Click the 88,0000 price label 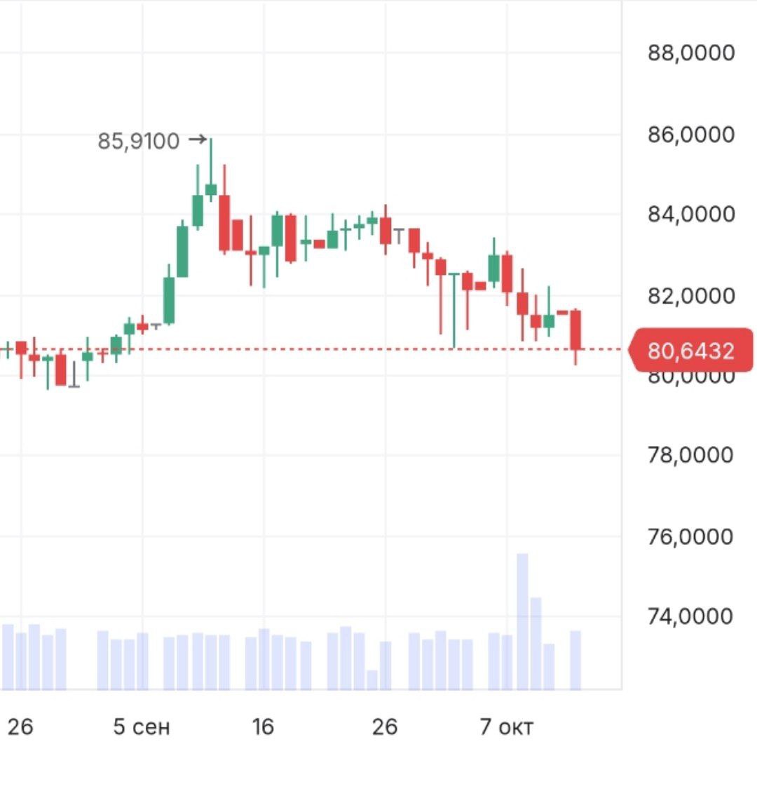pyautogui.click(x=691, y=53)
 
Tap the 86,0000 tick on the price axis pyautogui.click(x=691, y=134)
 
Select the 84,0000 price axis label pyautogui.click(x=691, y=214)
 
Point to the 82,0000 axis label pyautogui.click(x=691, y=295)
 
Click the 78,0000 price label pyautogui.click(x=691, y=455)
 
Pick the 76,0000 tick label pyautogui.click(x=691, y=536)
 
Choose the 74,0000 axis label pyautogui.click(x=691, y=616)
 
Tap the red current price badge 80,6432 pyautogui.click(x=691, y=351)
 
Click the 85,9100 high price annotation pyautogui.click(x=139, y=142)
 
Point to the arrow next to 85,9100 pyautogui.click(x=198, y=140)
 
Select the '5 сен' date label pyautogui.click(x=142, y=727)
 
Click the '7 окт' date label pyautogui.click(x=506, y=727)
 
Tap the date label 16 pyautogui.click(x=263, y=727)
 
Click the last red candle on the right pyautogui.click(x=575, y=330)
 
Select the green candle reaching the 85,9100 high pyautogui.click(x=211, y=189)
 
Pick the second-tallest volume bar pyautogui.click(x=536, y=644)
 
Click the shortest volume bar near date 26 pyautogui.click(x=372, y=679)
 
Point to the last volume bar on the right pyautogui.click(x=575, y=660)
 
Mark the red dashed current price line pyautogui.click(x=350, y=349)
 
